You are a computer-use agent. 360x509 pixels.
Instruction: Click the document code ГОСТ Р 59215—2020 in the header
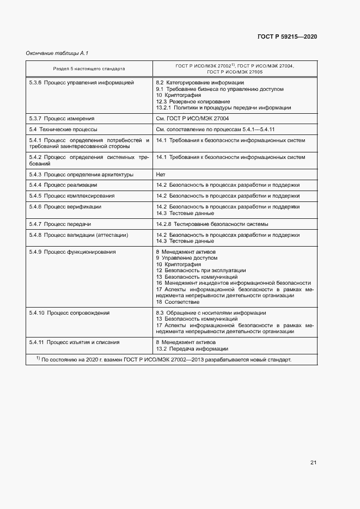click(286, 36)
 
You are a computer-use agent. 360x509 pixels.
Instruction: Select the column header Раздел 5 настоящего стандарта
click(89, 69)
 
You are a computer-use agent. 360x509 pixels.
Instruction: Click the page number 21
click(313, 463)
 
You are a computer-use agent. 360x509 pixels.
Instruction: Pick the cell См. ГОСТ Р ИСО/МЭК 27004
click(192, 118)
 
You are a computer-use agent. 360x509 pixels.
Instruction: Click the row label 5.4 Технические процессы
click(63, 130)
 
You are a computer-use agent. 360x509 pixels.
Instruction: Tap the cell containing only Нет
click(161, 175)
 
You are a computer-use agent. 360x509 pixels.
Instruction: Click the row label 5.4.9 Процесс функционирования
click(72, 252)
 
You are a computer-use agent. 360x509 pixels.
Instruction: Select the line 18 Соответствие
click(178, 302)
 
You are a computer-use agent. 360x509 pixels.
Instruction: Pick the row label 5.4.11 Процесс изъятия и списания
click(74, 342)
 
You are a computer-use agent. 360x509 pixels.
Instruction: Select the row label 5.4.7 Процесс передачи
click(60, 224)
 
